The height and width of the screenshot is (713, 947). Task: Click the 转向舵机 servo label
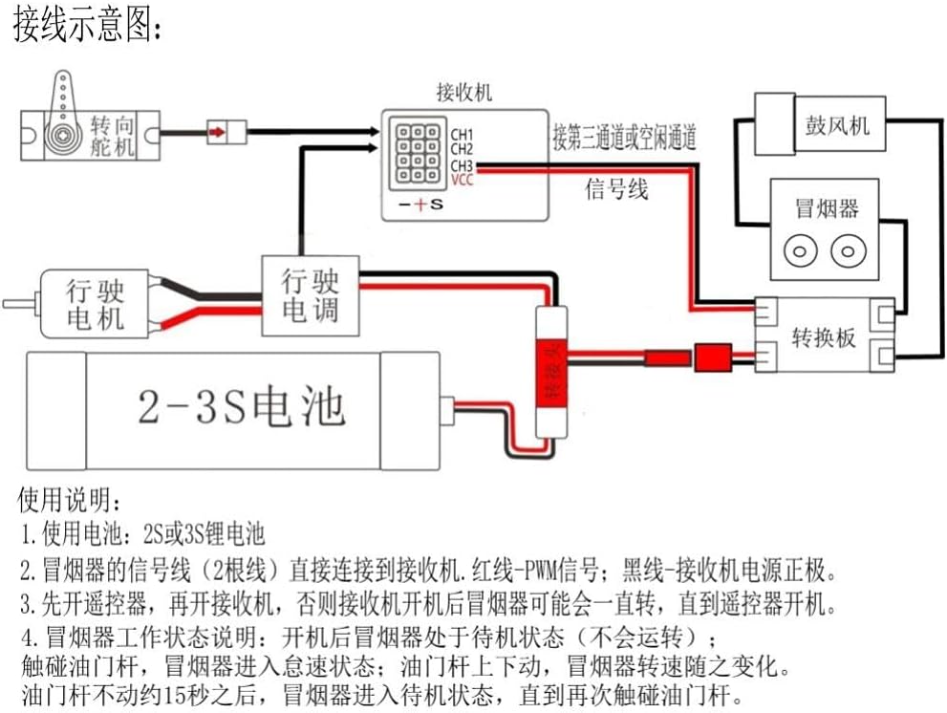tap(114, 136)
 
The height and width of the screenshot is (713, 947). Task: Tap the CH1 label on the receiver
tap(463, 134)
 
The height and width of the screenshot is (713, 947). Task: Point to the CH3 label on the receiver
tap(463, 165)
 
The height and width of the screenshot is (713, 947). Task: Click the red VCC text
tap(463, 179)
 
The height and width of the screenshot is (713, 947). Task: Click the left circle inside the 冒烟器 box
tap(800, 252)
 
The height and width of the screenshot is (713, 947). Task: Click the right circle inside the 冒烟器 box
tap(846, 252)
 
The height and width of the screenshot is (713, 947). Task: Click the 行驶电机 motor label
tap(96, 304)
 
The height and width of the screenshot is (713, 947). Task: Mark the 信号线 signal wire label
tap(616, 190)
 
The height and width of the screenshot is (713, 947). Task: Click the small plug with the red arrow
tap(226, 130)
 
